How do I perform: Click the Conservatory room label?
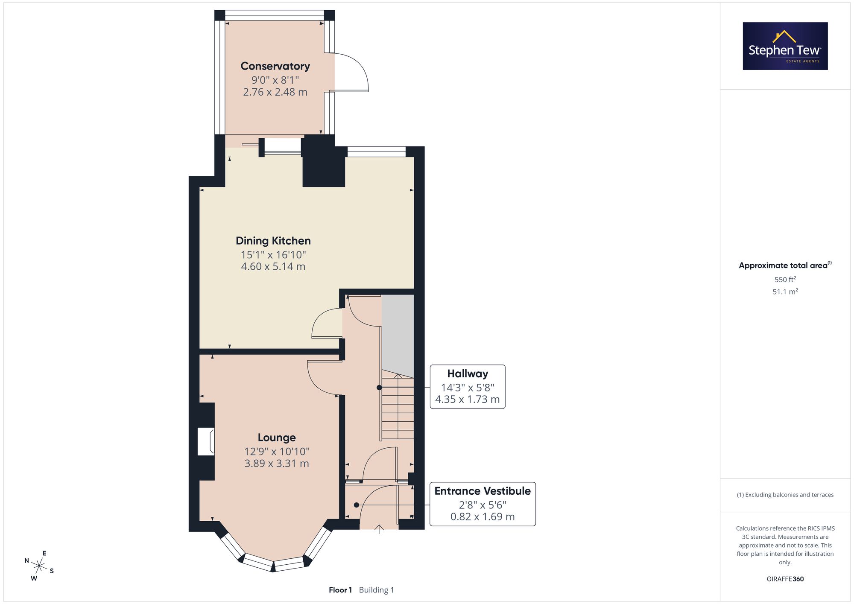point(275,66)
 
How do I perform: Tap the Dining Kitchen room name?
point(273,241)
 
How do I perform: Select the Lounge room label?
point(277,438)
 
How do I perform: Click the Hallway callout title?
point(468,373)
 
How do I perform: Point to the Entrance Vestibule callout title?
point(483,491)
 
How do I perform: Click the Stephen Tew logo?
point(785,46)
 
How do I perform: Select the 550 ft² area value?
point(785,280)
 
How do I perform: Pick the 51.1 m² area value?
point(785,292)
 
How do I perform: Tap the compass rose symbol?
point(39,566)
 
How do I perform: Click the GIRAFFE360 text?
point(785,579)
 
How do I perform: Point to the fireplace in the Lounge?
point(206,442)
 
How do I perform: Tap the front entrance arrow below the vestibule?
point(379,529)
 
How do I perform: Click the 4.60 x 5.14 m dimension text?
point(273,267)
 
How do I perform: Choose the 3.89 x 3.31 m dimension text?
point(277,464)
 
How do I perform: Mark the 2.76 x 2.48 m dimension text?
point(275,92)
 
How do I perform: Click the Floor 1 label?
point(340,590)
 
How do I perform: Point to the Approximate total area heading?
point(785,265)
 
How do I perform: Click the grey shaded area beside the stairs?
point(398,336)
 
